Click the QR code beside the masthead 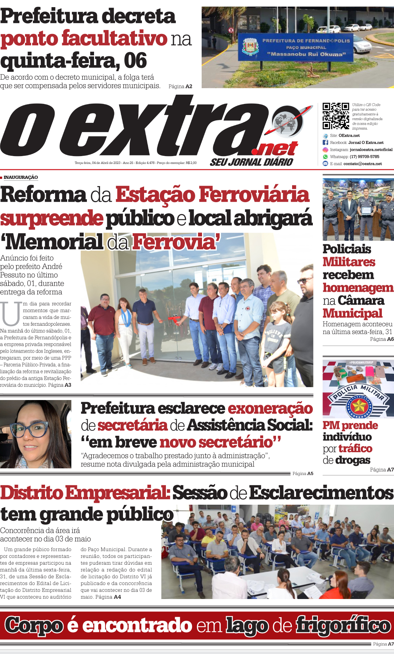coord(336,116)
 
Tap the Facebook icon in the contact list coord(325,143)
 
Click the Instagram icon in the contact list coord(325,150)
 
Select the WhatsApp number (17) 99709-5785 coord(364,157)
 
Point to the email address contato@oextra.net coord(363,164)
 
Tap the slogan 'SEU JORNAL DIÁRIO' coord(251,162)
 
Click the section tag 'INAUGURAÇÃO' coord(21,178)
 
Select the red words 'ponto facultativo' coord(84,38)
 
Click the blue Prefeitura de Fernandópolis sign coord(296,47)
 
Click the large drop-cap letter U coord(11,314)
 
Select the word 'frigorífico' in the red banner coord(343,625)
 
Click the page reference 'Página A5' coord(302,474)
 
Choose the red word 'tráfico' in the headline coord(355,449)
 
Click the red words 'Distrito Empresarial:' coord(85,493)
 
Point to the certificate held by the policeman coord(366,210)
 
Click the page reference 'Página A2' coord(180,86)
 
